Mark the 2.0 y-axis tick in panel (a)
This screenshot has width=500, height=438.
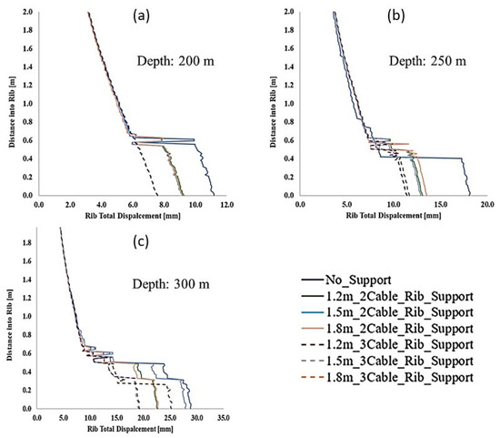(27, 13)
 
